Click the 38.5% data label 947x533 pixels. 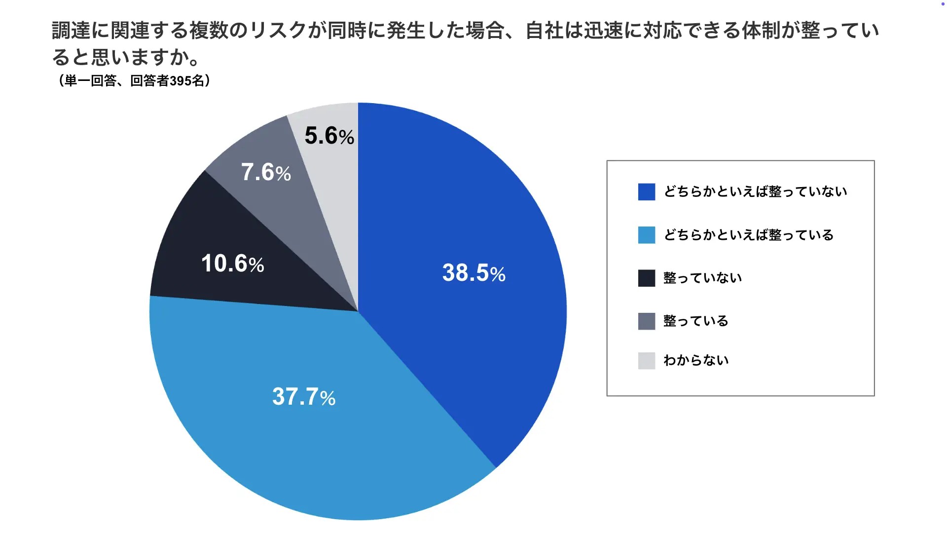(x=473, y=273)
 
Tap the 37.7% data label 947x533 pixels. (x=303, y=397)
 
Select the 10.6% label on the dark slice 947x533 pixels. (x=232, y=264)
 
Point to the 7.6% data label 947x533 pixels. (x=266, y=172)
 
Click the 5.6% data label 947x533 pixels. (x=329, y=136)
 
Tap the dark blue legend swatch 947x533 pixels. (x=646, y=191)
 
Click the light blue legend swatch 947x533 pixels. (x=646, y=235)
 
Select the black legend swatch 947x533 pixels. (x=646, y=278)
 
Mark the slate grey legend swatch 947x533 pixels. (x=646, y=321)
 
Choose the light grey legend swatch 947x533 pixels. (x=646, y=360)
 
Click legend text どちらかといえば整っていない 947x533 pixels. (x=755, y=191)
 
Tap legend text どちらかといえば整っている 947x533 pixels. (x=748, y=235)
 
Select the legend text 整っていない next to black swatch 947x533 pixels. (x=702, y=278)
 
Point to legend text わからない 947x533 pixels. (x=696, y=360)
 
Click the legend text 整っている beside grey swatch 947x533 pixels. (x=695, y=321)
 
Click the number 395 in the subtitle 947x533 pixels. (x=180, y=81)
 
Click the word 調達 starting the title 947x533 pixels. (x=71, y=31)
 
